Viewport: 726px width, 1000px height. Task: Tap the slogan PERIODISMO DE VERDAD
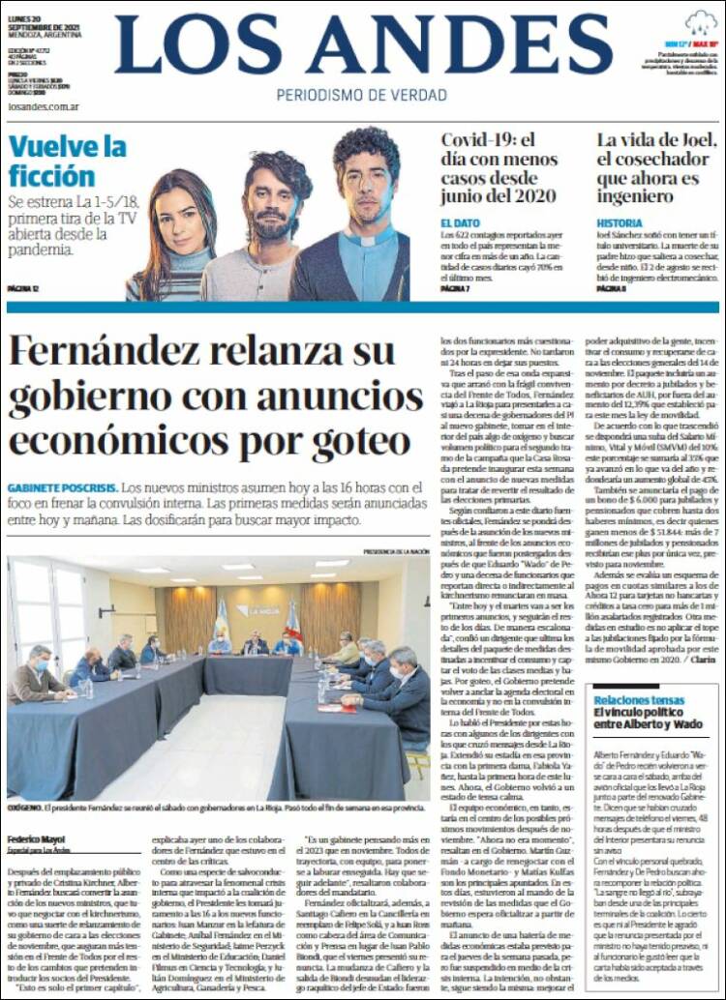coord(362,95)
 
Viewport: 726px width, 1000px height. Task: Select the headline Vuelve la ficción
coord(68,162)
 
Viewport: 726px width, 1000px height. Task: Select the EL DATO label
coord(459,222)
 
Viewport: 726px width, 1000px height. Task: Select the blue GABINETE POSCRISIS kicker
coord(62,488)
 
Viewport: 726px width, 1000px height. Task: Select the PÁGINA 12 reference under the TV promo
coord(23,288)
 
